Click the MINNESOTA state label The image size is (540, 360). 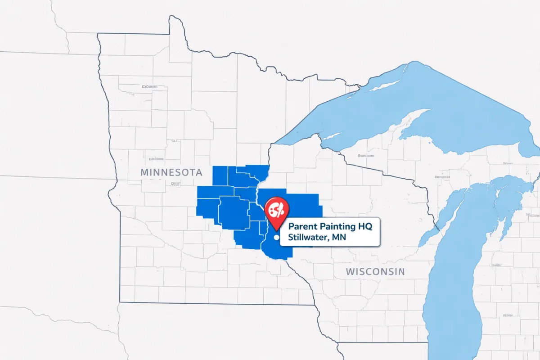click(171, 172)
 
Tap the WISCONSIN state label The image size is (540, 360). click(375, 271)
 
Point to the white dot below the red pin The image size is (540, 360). click(277, 237)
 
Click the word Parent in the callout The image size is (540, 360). click(302, 225)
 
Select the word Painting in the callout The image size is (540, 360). click(337, 225)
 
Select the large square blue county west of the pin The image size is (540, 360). click(233, 211)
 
